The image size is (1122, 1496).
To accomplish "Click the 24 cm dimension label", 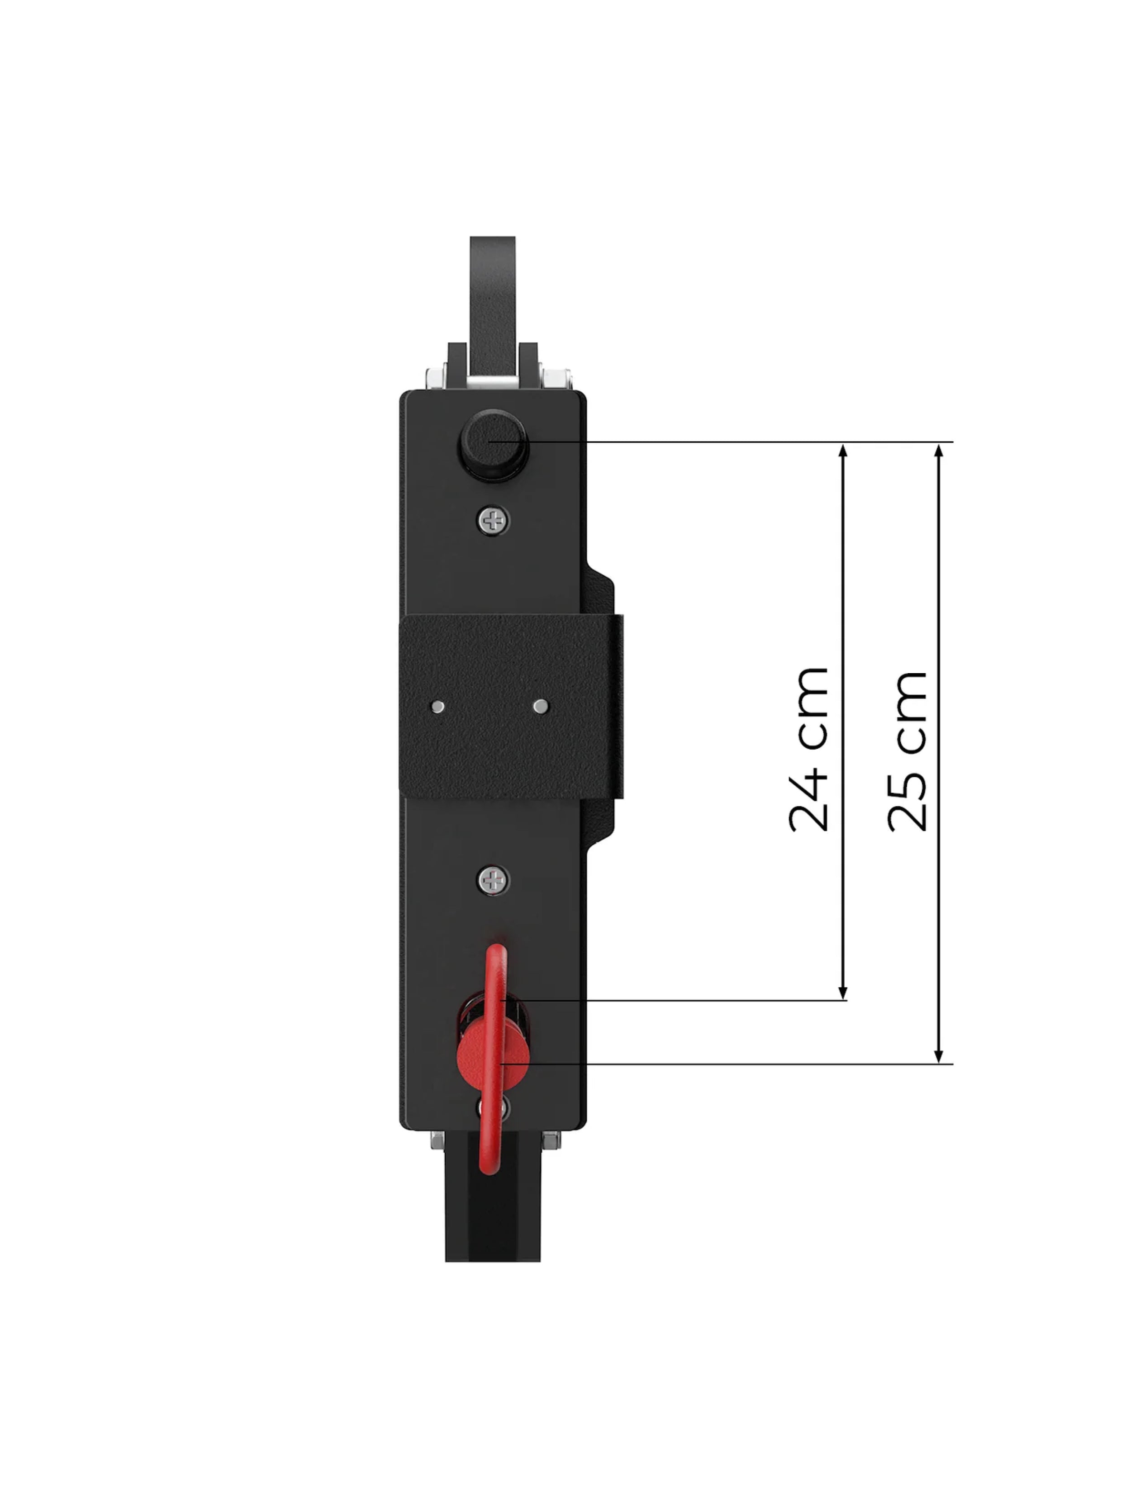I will point(808,749).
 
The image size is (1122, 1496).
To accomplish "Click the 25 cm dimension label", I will point(907,750).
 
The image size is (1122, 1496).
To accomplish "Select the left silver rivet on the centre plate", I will point(437,707).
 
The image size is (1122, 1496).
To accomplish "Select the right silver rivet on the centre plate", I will point(540,707).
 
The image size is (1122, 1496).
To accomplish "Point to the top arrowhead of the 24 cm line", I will point(843,451).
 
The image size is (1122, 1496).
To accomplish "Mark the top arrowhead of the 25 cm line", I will point(938,451).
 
